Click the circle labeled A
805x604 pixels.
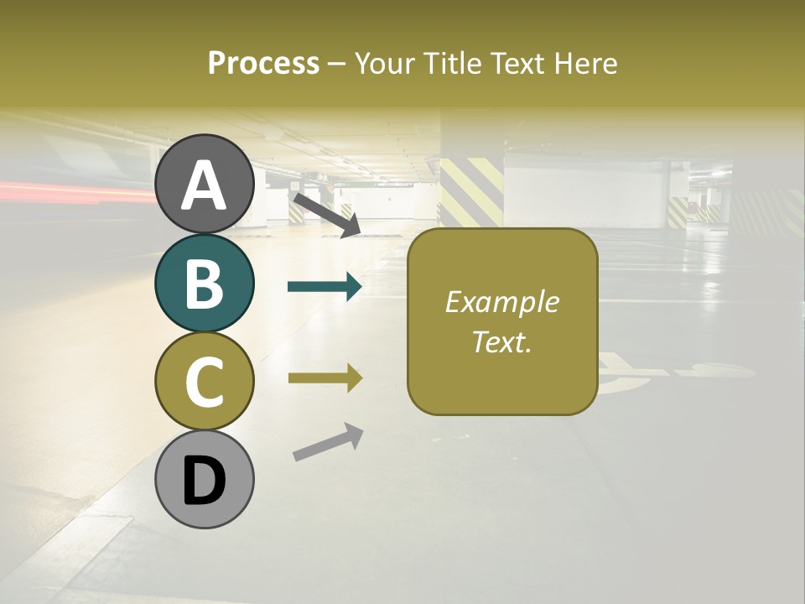205,184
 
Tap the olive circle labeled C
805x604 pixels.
205,381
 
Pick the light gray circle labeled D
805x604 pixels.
205,479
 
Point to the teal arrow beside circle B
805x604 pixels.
325,287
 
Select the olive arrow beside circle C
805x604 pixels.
325,378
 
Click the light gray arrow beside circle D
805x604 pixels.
328,441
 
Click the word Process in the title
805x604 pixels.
263,64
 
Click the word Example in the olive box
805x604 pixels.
502,302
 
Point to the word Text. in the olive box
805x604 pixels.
502,341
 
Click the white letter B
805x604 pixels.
205,284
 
